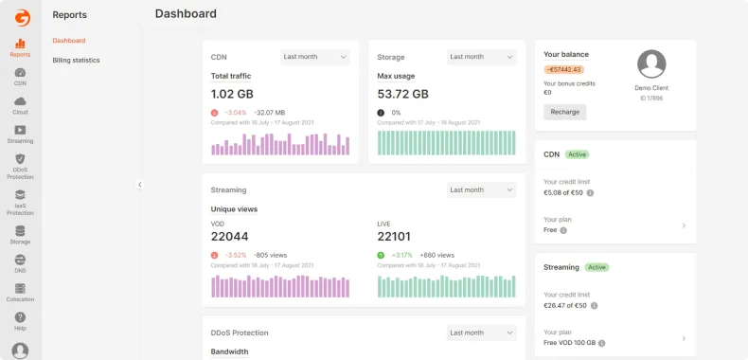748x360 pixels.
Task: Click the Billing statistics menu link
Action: coord(76,61)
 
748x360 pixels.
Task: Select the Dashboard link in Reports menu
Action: coord(69,41)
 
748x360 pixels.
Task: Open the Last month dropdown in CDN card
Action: coord(315,57)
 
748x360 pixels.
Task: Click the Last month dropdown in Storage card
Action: coord(482,57)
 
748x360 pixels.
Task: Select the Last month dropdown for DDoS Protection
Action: coord(482,333)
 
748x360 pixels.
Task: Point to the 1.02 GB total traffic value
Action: coord(232,94)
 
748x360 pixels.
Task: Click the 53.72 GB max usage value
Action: coord(402,94)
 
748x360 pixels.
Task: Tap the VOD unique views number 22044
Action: coord(229,237)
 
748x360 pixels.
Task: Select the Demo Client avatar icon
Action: coord(651,64)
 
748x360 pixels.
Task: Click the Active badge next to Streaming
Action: coord(597,267)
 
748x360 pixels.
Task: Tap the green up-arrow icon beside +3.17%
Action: coord(381,255)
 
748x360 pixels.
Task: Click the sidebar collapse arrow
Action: coord(139,185)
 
